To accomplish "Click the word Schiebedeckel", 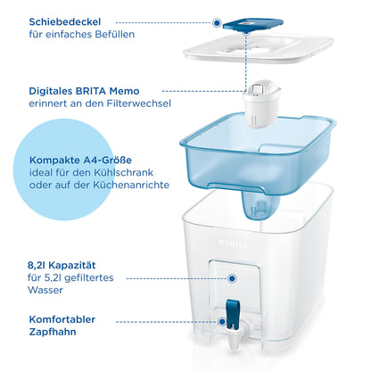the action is point(65,21).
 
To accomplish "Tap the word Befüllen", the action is point(115,34).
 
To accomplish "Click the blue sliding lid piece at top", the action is point(253,25).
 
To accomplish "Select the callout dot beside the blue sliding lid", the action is point(217,22).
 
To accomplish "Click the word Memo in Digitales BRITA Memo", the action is point(124,91).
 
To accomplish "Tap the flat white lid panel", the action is point(258,48).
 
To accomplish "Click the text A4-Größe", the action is point(107,160).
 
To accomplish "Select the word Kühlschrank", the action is point(123,172).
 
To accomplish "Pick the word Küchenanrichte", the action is point(131,185).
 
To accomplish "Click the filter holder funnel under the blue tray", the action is point(260,205).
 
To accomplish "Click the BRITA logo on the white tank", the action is point(233,244).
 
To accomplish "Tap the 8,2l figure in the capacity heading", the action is point(37,265).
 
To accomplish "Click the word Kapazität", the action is point(72,265).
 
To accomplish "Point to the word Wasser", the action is point(45,290).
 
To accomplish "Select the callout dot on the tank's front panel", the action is point(232,278).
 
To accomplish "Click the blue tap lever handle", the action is point(233,314).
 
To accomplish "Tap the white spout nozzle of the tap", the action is point(235,342).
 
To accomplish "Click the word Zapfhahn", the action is point(53,332).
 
